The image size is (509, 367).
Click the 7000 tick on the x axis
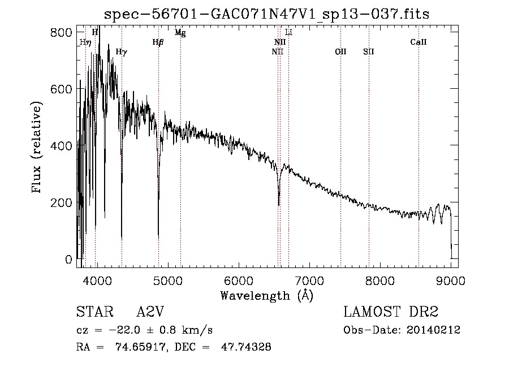pyautogui.click(x=309, y=280)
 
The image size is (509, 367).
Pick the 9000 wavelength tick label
pyautogui.click(x=451, y=280)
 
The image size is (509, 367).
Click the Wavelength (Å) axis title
pyautogui.click(x=266, y=295)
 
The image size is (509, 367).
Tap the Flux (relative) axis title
pyautogui.click(x=38, y=148)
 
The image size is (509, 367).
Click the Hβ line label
pyautogui.click(x=158, y=42)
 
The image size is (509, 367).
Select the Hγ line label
pyautogui.click(x=121, y=52)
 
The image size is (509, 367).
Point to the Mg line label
pyautogui.click(x=180, y=33)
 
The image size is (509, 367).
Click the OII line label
pyautogui.click(x=340, y=52)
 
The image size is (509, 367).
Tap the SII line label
pyautogui.click(x=369, y=52)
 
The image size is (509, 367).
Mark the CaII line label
pyautogui.click(x=419, y=42)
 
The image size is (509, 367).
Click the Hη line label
pyautogui.click(x=85, y=42)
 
